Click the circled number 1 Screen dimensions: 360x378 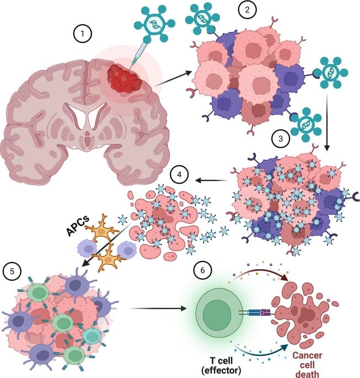(x=82, y=34)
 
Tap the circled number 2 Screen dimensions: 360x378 (x=248, y=9)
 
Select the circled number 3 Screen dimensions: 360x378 (x=281, y=139)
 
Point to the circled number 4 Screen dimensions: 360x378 (x=179, y=174)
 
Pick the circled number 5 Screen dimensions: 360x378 (x=12, y=271)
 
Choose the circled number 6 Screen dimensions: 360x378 (x=202, y=270)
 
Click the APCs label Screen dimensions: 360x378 (x=78, y=226)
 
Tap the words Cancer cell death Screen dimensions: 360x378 (x=307, y=365)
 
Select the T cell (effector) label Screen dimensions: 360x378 (x=221, y=365)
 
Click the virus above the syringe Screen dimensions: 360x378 (x=154, y=23)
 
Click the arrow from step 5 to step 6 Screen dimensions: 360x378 (x=158, y=308)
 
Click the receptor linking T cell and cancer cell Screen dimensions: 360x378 (x=256, y=313)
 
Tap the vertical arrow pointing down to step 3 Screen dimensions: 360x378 (x=326, y=122)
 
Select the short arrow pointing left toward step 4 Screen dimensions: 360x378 (x=211, y=180)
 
